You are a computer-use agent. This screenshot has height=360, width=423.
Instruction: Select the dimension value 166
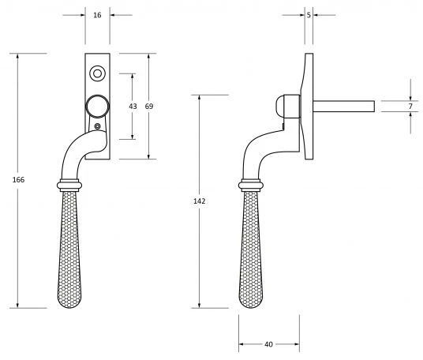pyautogui.click(x=19, y=180)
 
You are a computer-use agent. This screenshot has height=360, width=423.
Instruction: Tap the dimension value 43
pyautogui.click(x=133, y=106)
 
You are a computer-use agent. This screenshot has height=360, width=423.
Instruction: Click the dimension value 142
pyautogui.click(x=199, y=202)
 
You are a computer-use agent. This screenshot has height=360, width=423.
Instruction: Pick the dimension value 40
pyautogui.click(x=268, y=344)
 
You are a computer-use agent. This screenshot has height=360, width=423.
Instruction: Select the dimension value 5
pyautogui.click(x=308, y=13)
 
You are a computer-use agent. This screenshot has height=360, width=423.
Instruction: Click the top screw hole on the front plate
pyautogui.click(x=98, y=74)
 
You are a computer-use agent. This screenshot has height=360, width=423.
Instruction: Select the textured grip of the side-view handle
pyautogui.click(x=251, y=253)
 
